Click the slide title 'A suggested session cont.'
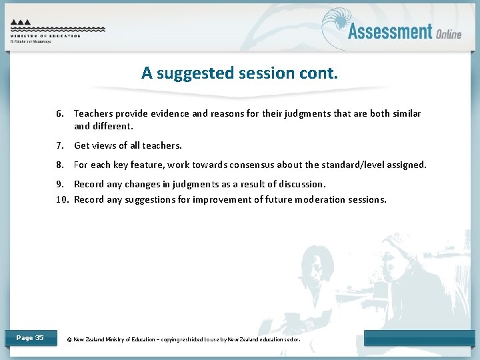click(x=239, y=73)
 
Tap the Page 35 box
click(x=30, y=338)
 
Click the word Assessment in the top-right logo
click(x=390, y=31)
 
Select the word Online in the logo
click(x=449, y=34)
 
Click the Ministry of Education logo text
click(x=45, y=36)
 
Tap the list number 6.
click(x=60, y=114)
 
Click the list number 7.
click(x=60, y=145)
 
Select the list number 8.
click(x=60, y=165)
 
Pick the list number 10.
click(x=62, y=199)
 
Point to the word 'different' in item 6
click(x=111, y=126)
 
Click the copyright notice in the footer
click(x=184, y=339)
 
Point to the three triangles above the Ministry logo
click(x=21, y=22)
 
